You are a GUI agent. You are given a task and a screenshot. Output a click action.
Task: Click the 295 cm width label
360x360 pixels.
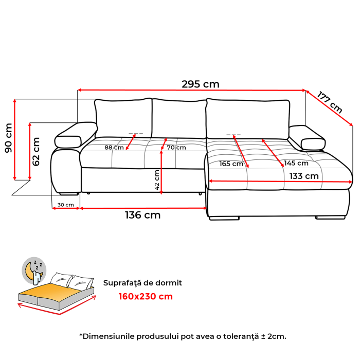point(200,84)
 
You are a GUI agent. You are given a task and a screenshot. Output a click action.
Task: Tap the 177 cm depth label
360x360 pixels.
point(330,102)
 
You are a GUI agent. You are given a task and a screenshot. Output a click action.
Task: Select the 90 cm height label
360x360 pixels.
point(8,137)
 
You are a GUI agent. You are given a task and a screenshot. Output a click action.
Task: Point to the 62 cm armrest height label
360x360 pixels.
point(36,151)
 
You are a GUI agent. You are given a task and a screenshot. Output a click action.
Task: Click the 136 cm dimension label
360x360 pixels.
point(142,215)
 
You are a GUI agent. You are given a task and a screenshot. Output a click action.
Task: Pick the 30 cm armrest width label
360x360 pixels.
point(65,205)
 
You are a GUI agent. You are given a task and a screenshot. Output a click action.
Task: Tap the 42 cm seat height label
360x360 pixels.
point(157,179)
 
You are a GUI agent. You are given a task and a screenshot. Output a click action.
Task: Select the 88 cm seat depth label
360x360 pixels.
point(114,148)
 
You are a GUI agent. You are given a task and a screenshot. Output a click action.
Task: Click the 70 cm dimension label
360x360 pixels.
point(176,148)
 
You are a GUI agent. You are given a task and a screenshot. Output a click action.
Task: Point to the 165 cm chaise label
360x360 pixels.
point(231,164)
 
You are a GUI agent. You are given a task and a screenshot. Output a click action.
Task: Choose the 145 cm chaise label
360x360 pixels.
point(296,164)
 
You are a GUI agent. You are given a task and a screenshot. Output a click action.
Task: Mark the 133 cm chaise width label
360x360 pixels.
point(303,175)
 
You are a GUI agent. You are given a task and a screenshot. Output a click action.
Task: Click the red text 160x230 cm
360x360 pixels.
point(146,296)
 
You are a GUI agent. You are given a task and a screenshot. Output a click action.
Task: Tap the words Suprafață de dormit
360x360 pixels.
point(142,283)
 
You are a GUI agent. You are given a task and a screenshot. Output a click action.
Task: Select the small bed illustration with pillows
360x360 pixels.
point(57,293)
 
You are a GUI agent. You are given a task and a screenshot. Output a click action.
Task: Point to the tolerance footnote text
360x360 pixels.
point(183,336)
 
